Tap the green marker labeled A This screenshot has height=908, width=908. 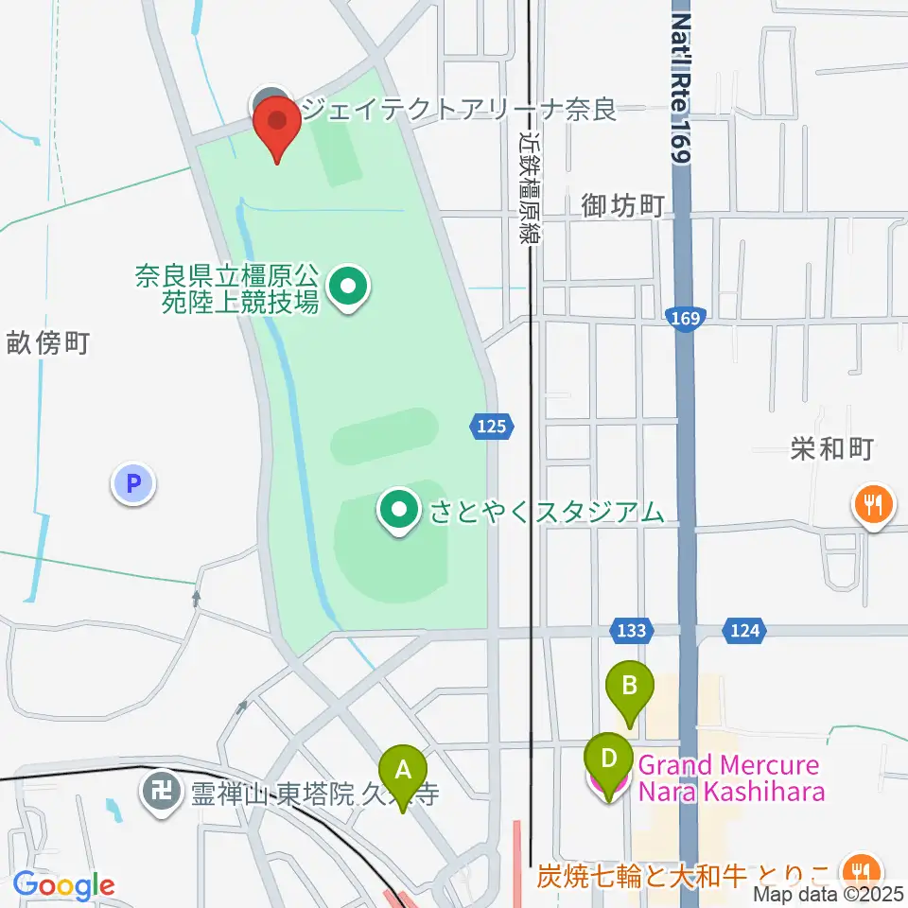[403, 771]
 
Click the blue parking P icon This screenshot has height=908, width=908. [133, 484]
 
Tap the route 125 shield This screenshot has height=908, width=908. [492, 428]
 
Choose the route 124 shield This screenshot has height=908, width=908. [744, 629]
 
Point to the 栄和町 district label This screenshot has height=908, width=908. [831, 448]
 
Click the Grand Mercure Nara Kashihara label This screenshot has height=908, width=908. [728, 778]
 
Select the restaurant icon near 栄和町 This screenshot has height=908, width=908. [872, 504]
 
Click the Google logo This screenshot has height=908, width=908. [64, 886]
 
